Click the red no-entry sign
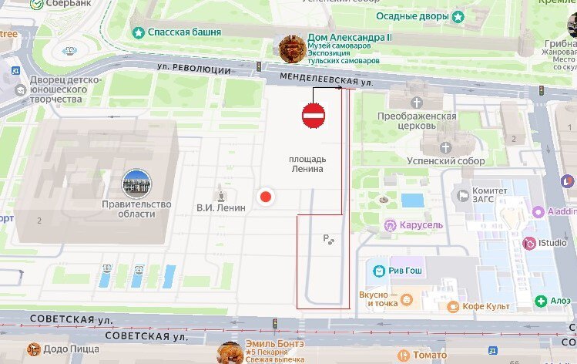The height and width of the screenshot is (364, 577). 314,116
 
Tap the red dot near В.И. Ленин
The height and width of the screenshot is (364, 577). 266,197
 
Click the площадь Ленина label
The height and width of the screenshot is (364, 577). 306,163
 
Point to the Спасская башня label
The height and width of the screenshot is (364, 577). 185,32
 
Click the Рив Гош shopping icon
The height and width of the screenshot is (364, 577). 378,271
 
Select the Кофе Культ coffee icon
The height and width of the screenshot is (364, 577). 453,306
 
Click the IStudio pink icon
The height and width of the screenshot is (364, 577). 529,244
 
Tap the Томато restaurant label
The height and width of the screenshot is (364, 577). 429,355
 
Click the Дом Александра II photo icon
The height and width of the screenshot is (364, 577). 290,48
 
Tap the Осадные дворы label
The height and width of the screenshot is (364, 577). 414,16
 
